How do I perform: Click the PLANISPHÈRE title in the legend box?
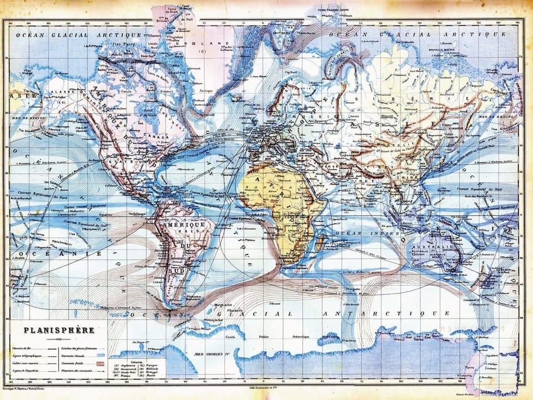point(58,330)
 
